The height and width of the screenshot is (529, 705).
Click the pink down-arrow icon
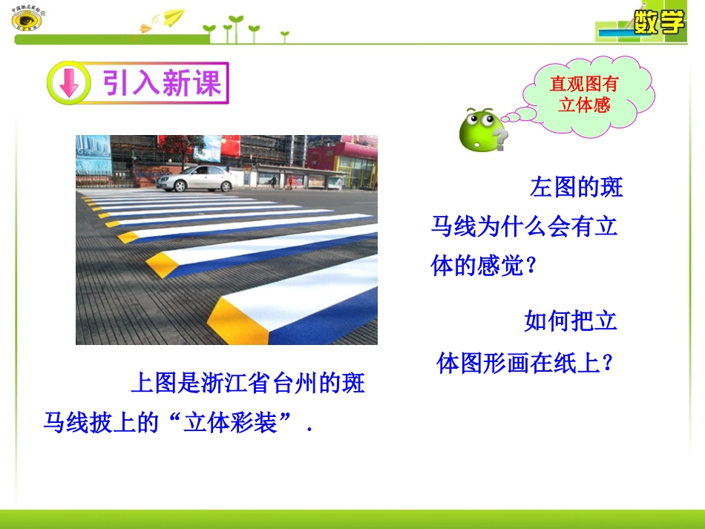(68, 83)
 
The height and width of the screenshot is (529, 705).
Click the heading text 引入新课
(162, 83)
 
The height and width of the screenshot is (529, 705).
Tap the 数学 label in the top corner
(659, 22)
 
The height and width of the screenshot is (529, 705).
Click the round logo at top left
(27, 19)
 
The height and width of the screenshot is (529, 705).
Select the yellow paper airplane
(173, 16)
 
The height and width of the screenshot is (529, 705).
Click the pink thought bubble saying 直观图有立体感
(589, 94)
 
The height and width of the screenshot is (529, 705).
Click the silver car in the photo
(199, 178)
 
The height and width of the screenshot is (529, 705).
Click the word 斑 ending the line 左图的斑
(611, 186)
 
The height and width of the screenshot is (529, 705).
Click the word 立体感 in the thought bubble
(584, 105)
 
